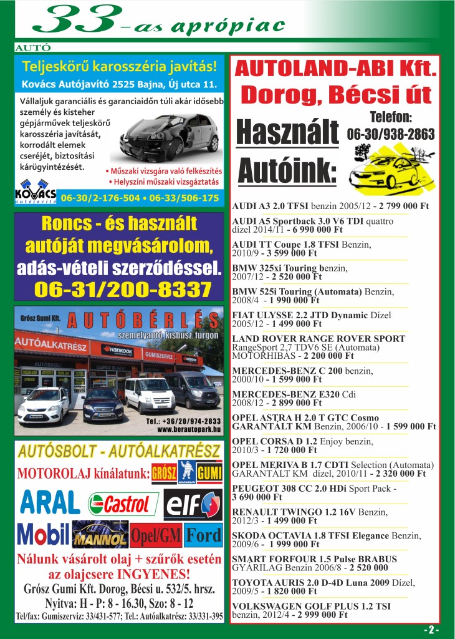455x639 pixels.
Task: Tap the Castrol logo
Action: click(123, 504)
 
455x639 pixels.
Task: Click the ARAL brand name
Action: click(50, 503)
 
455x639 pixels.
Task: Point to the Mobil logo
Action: click(42, 534)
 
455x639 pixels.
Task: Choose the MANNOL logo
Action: click(100, 535)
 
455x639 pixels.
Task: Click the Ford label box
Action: click(203, 535)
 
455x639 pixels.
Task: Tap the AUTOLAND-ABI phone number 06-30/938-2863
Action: click(391, 134)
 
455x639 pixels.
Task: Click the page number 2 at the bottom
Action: click(432, 630)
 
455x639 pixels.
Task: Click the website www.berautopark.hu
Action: click(189, 429)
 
